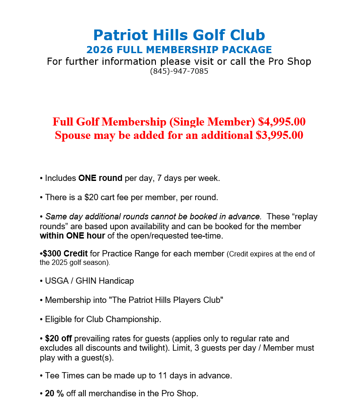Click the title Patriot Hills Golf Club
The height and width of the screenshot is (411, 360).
(179, 35)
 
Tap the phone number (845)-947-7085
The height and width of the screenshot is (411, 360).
(179, 71)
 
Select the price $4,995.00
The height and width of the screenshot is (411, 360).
(282, 122)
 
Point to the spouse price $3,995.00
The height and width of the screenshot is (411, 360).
(280, 135)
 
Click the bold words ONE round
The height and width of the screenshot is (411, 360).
(100, 178)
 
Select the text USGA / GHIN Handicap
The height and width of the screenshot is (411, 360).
(89, 281)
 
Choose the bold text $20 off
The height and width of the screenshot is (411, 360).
(59, 339)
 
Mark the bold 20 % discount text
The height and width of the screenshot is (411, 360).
(54, 394)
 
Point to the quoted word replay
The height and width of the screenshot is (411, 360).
(305, 217)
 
